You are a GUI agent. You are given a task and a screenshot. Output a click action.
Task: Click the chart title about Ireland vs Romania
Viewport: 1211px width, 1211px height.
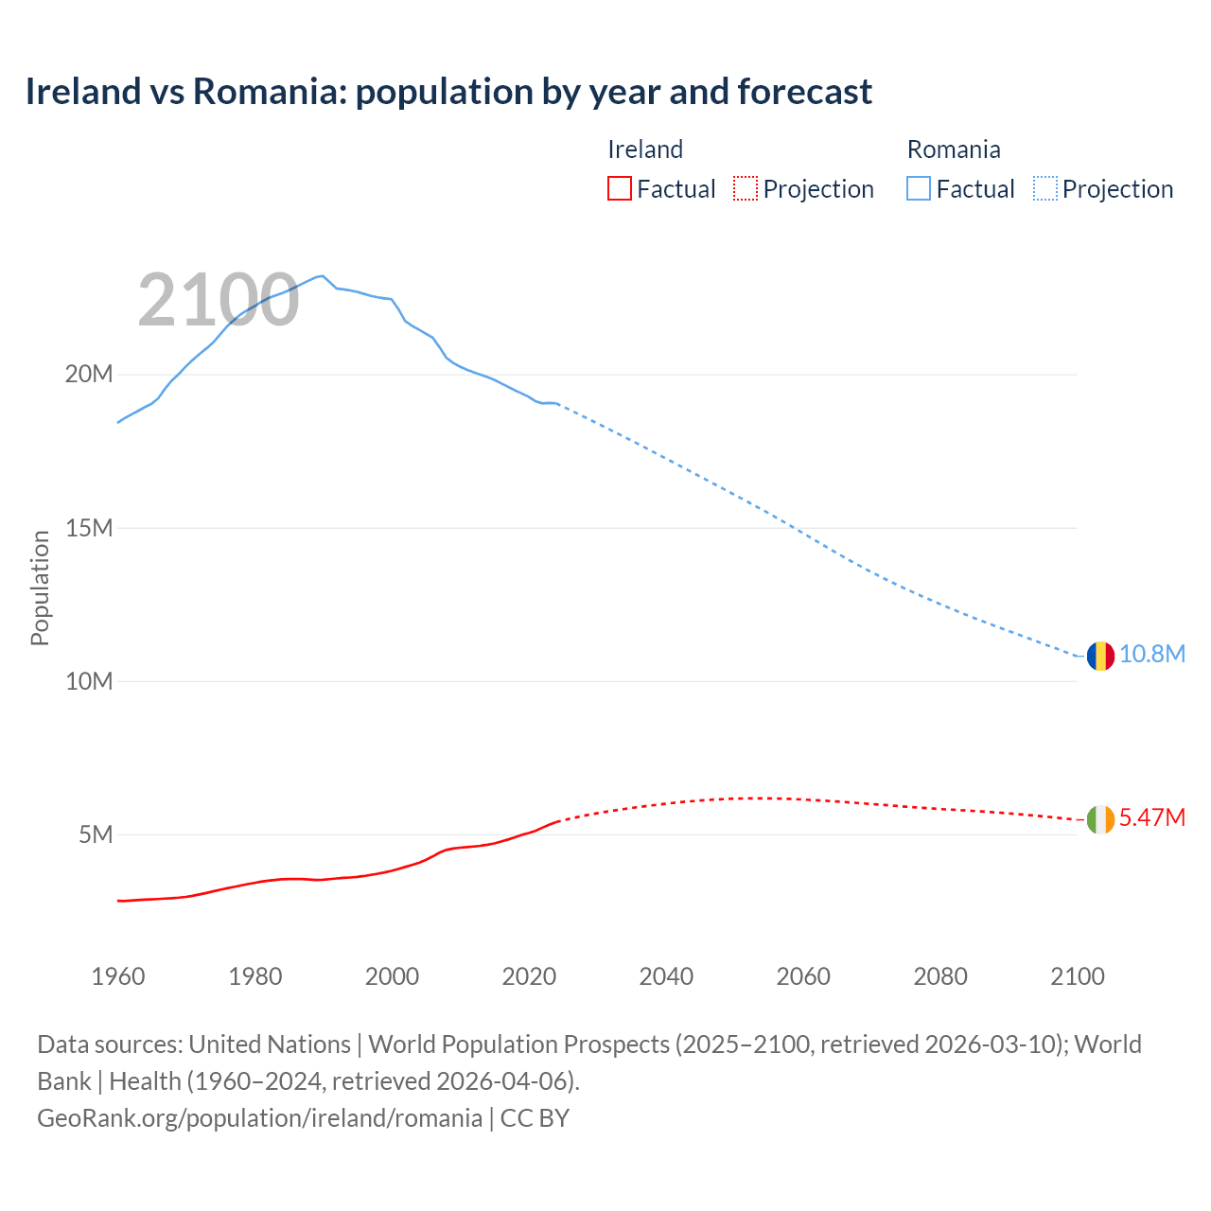coord(448,92)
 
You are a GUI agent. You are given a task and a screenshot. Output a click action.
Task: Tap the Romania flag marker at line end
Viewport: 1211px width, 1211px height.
coord(1100,656)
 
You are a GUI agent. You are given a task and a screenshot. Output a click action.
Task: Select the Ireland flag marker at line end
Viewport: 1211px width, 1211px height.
coord(1100,819)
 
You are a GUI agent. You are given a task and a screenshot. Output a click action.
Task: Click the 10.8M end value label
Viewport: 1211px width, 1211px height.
coord(1152,655)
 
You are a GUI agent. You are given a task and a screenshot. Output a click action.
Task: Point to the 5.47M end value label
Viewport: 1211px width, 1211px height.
coord(1152,818)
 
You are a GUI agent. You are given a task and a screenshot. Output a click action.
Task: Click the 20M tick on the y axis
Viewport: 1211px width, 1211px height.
coord(89,375)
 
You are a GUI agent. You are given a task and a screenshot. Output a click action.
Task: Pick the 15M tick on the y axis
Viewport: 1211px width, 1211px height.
coord(89,528)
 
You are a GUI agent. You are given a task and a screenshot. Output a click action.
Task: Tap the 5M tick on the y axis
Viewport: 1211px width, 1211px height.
coord(96,835)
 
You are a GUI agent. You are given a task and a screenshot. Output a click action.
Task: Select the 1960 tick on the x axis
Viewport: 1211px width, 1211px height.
coord(118,976)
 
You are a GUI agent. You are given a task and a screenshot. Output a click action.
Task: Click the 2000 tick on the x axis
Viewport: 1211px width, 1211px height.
coord(392,976)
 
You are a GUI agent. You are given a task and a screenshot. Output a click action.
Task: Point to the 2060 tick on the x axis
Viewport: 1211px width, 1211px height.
coord(803,976)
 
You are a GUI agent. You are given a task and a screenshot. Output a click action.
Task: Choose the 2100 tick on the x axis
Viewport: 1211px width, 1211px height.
coord(1078,976)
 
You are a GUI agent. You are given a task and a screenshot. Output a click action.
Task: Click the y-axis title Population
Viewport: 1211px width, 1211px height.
coord(40,588)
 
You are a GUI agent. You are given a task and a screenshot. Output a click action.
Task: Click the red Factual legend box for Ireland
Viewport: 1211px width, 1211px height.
coord(620,189)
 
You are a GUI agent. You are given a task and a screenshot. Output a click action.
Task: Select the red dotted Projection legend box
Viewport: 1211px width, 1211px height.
coord(746,189)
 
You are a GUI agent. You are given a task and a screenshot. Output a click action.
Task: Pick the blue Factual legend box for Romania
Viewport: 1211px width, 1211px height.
coord(919,189)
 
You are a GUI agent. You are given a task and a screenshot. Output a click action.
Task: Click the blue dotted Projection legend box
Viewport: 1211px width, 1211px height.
coord(1044,189)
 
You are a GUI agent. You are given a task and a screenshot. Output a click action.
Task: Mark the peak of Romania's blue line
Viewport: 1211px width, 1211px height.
coord(323,275)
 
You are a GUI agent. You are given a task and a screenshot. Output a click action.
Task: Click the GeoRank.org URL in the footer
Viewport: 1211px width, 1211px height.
coord(260,1118)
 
